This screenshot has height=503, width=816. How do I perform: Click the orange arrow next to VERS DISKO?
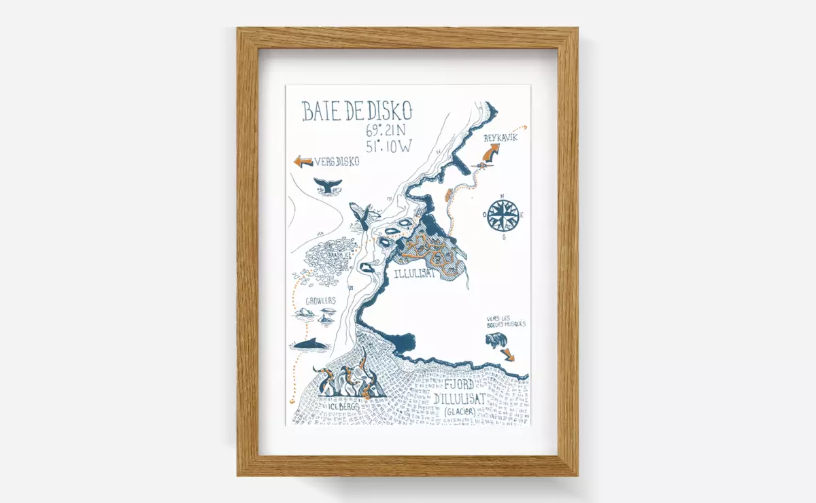(302, 161)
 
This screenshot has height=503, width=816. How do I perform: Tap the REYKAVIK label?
(500, 138)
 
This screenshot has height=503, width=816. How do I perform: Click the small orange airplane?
(481, 164)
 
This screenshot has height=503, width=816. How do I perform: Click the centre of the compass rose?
(503, 215)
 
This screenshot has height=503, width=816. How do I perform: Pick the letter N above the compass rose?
(503, 197)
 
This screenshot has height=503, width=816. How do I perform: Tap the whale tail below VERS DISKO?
(328, 184)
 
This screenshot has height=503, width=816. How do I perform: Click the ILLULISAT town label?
(414, 273)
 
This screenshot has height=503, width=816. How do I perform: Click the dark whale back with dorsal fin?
(309, 345)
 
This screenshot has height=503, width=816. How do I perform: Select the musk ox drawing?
(494, 340)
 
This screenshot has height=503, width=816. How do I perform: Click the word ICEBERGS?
(349, 406)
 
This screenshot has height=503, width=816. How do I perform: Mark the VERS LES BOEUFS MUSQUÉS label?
(505, 321)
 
